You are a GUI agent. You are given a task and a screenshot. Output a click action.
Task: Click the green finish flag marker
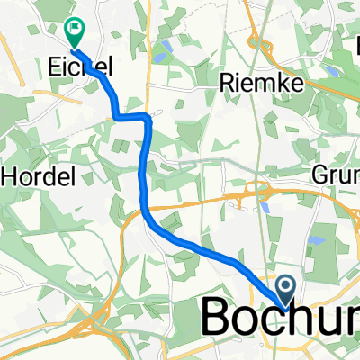(x=74, y=33)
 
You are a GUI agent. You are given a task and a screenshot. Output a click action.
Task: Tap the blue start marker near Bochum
(x=286, y=292)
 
